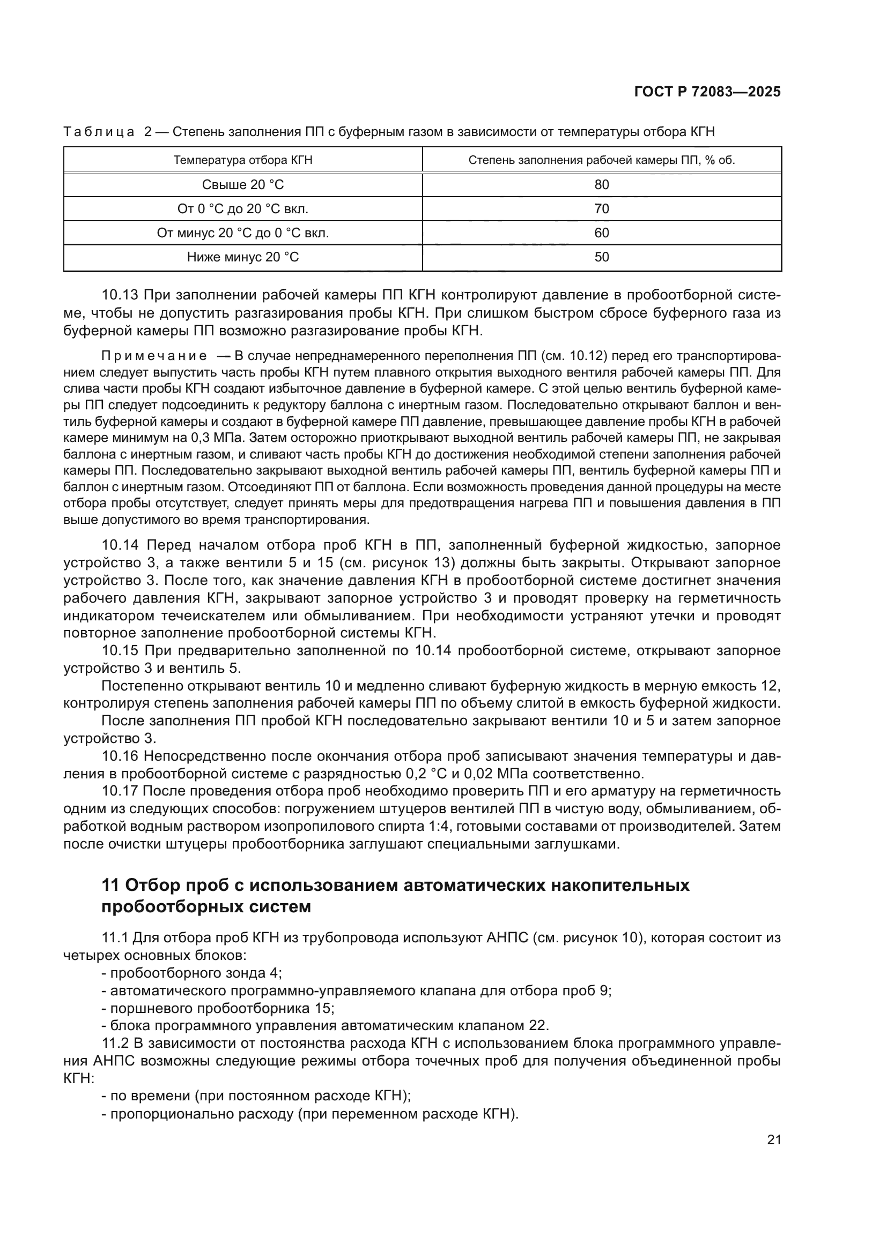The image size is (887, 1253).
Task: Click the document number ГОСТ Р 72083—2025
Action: [707, 92]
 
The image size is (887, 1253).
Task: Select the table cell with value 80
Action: [601, 184]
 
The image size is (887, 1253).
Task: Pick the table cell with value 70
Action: [601, 208]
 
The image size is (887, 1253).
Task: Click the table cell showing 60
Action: [601, 233]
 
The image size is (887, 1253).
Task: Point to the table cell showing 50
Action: [601, 257]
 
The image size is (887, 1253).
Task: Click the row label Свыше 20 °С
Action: [243, 184]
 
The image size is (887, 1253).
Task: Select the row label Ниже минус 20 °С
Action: [243, 257]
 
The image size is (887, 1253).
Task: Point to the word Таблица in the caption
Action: [99, 132]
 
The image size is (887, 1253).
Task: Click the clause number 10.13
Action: [120, 295]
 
